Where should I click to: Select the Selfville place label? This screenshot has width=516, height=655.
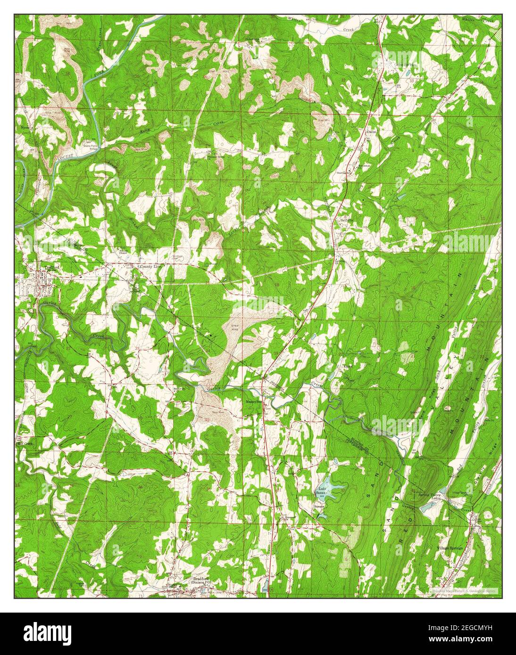click(347, 221)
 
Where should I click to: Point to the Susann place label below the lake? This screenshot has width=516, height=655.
click(321, 507)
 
